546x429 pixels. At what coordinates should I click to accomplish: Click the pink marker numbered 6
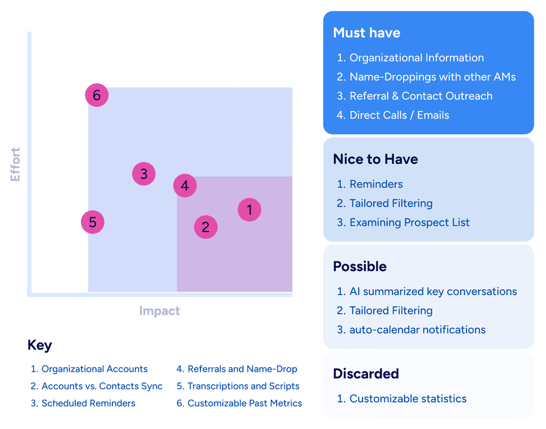click(97, 96)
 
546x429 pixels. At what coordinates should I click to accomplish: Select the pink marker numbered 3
click(143, 174)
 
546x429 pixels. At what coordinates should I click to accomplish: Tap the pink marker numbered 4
click(185, 186)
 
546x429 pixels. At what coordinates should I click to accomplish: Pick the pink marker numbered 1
click(250, 210)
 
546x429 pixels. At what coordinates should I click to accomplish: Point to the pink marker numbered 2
click(205, 227)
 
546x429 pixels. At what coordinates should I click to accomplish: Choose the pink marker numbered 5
click(93, 222)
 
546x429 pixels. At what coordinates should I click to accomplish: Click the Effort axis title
click(15, 164)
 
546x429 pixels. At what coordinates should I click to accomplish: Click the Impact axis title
click(159, 311)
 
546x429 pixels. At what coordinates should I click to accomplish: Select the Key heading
click(39, 345)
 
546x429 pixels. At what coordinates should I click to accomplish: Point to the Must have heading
click(366, 33)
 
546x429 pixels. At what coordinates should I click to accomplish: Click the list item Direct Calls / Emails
click(399, 115)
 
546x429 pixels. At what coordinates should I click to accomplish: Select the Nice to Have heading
click(375, 159)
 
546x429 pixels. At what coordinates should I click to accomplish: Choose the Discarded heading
click(366, 374)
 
